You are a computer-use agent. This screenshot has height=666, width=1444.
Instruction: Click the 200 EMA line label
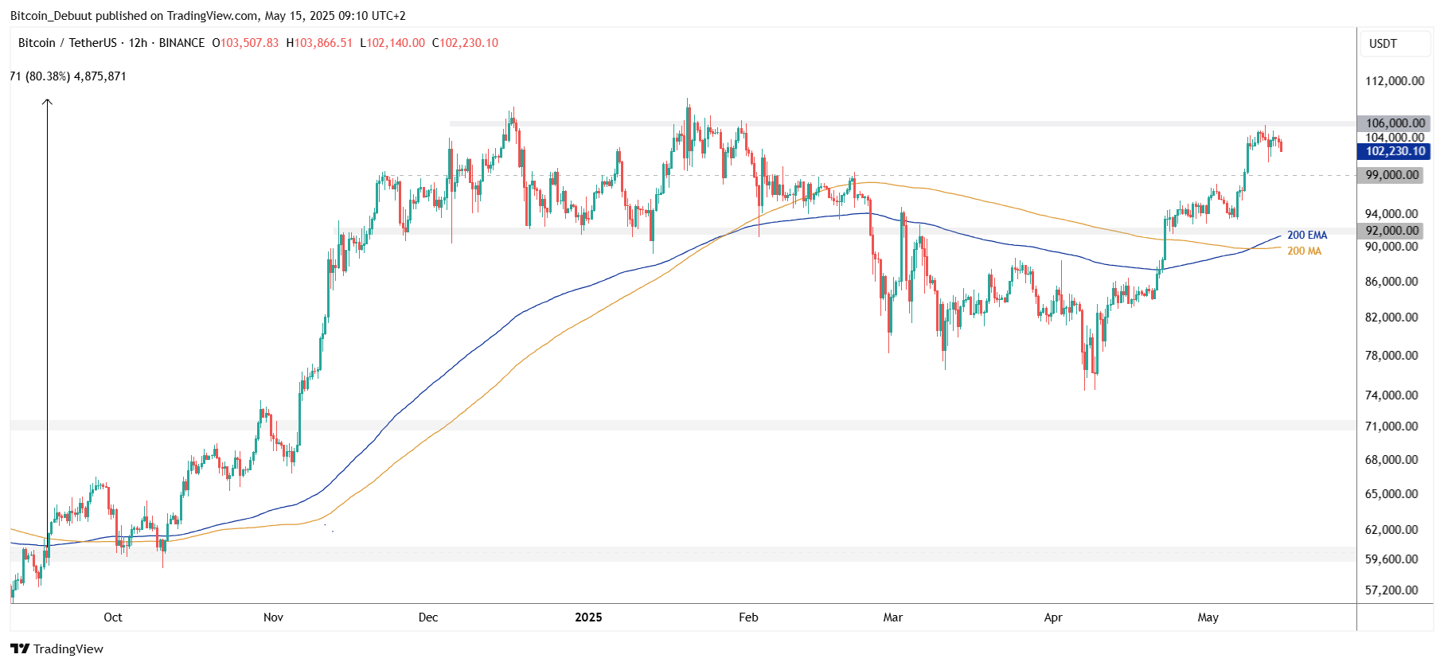[x=1307, y=235]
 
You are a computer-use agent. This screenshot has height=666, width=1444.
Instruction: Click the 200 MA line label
[x=1304, y=251]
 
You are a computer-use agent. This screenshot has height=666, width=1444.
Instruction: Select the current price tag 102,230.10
[x=1395, y=151]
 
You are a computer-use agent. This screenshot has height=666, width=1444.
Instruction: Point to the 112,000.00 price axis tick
[x=1395, y=81]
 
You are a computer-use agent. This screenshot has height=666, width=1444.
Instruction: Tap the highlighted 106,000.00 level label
[x=1395, y=123]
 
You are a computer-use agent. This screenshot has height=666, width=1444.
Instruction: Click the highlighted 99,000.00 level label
[x=1392, y=175]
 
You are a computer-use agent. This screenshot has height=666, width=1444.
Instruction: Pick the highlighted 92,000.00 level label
[x=1392, y=231]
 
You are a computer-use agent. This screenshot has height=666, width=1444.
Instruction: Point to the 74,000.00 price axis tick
[x=1391, y=395]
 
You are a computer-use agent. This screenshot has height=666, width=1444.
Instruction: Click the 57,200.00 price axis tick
[x=1391, y=590]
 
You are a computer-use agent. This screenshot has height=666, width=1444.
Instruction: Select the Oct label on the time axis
[x=113, y=617]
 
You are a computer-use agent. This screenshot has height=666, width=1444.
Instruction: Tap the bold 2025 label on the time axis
[x=588, y=617]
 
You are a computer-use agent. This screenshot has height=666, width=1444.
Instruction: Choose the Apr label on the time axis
[x=1053, y=617]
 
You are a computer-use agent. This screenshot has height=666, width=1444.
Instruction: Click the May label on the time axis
[x=1208, y=617]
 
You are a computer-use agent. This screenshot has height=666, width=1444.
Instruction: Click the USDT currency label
[x=1383, y=44]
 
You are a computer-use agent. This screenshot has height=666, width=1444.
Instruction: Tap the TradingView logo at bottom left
[x=57, y=648]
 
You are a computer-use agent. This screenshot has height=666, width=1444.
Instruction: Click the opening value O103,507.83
[x=245, y=43]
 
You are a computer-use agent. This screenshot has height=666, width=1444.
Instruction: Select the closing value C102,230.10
[x=465, y=43]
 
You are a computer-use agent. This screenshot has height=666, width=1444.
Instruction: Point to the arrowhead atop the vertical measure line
[x=47, y=101]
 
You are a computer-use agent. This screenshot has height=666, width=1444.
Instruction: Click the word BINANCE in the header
[x=181, y=43]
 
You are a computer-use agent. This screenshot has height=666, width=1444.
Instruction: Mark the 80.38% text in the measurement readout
[x=48, y=76]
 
